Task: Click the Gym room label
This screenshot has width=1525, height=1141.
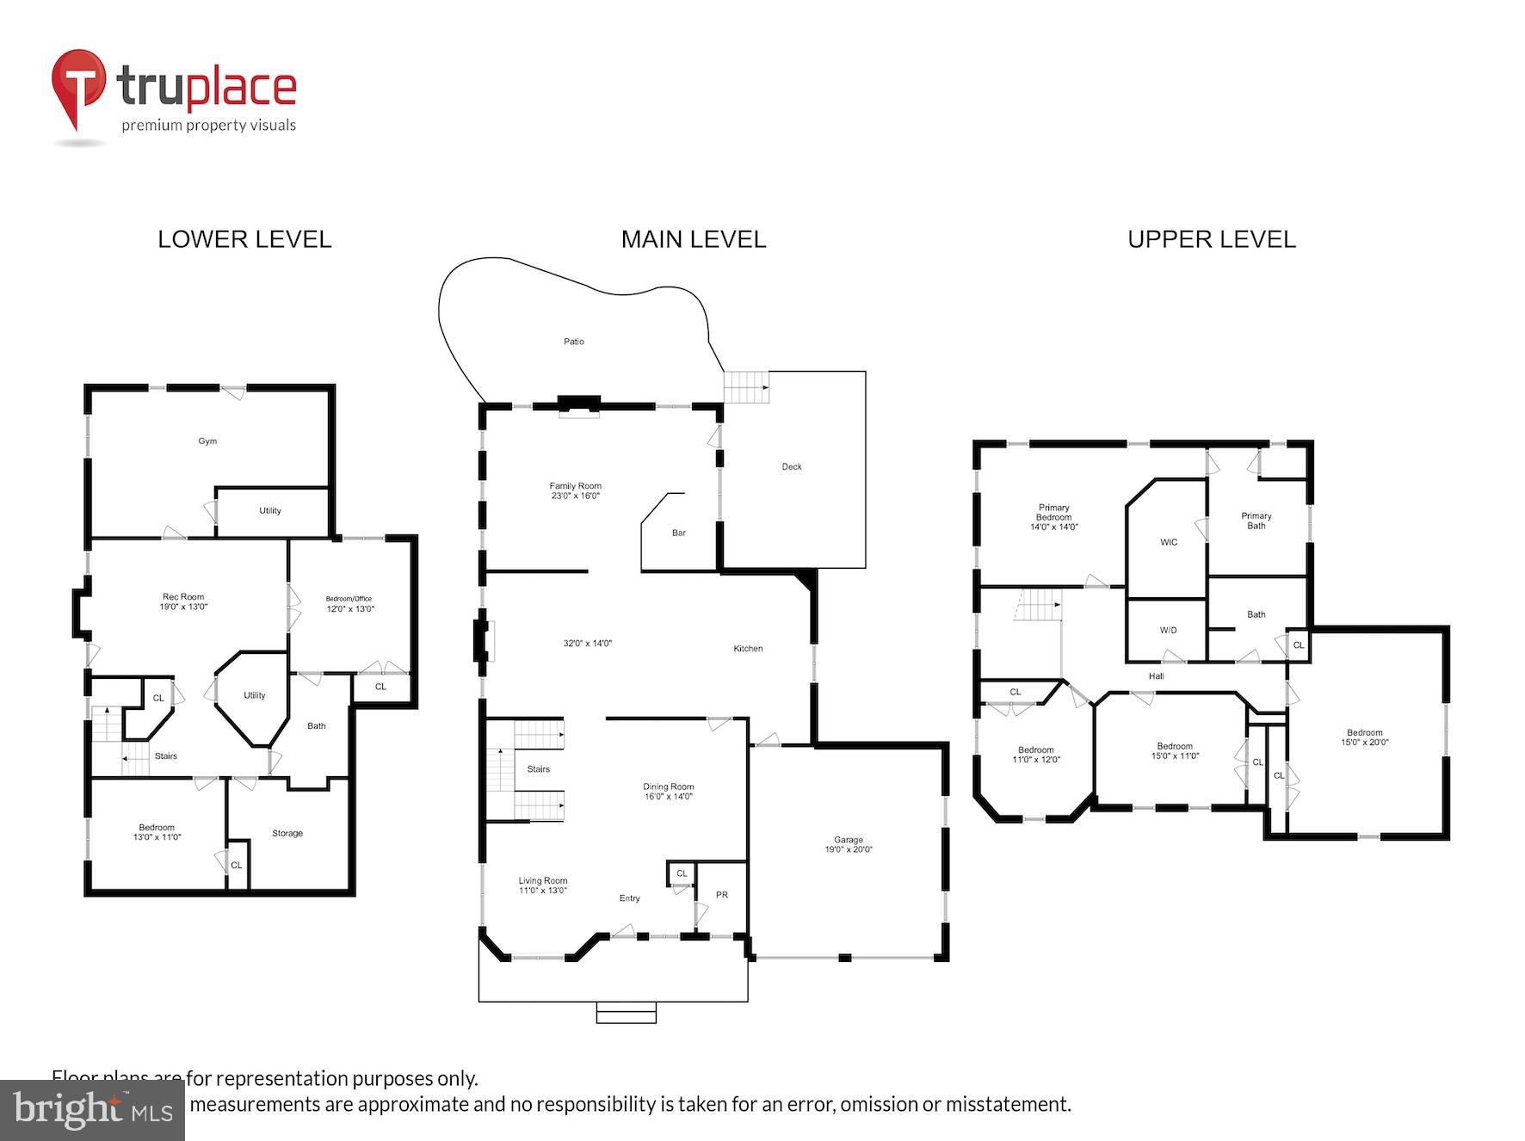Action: point(207,441)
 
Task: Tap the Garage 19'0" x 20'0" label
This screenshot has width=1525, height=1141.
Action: point(848,845)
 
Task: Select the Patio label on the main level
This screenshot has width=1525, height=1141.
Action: point(574,342)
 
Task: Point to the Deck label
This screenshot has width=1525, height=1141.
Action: point(792,467)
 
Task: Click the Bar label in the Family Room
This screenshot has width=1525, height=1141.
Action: point(679,533)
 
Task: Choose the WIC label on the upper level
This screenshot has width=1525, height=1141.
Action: point(1169,542)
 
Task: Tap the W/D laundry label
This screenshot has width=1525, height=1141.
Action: point(1168,631)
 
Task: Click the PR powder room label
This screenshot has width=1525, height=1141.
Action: point(722,896)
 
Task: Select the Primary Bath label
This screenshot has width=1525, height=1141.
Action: point(1256,521)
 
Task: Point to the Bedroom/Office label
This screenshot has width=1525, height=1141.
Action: point(349,604)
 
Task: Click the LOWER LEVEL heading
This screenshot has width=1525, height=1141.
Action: point(244,239)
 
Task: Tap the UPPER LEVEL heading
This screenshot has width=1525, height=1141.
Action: point(1212,239)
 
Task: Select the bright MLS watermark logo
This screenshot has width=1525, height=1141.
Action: point(93,1110)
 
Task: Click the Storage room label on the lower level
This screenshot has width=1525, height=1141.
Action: point(287,834)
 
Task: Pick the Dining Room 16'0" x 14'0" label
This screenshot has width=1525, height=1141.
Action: point(669,792)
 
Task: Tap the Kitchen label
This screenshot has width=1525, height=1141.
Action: point(748,649)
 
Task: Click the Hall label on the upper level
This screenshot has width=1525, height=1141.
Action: point(1156,676)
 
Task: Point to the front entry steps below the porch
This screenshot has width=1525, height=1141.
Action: point(627,1013)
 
